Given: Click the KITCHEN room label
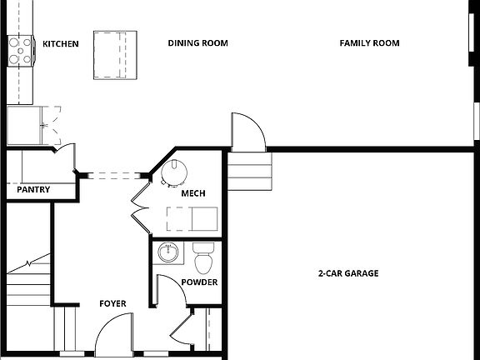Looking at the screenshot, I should [61, 43].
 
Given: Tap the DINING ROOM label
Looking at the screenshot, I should [197, 43].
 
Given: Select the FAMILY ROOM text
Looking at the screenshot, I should [369, 43].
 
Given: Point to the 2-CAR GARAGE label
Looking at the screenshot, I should [348, 273].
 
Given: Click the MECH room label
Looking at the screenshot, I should [193, 194].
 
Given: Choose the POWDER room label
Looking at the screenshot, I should [199, 282].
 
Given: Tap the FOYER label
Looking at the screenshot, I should [112, 304].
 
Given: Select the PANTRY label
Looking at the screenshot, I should [33, 190].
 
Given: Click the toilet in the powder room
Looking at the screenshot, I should [203, 258].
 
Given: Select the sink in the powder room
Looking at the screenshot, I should [169, 252].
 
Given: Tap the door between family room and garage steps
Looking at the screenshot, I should [248, 131].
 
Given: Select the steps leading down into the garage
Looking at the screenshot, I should [250, 171].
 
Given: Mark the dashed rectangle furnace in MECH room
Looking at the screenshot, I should [192, 218].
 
